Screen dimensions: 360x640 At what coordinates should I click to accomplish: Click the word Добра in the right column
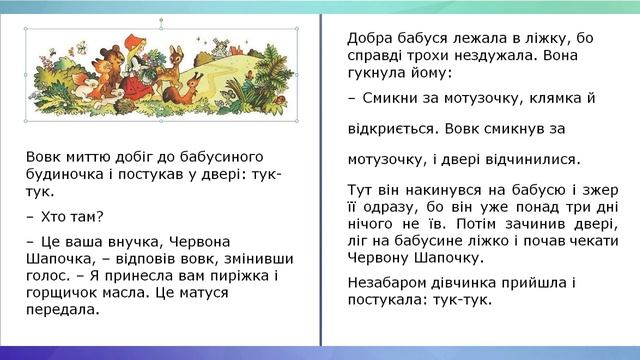point(370,38)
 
